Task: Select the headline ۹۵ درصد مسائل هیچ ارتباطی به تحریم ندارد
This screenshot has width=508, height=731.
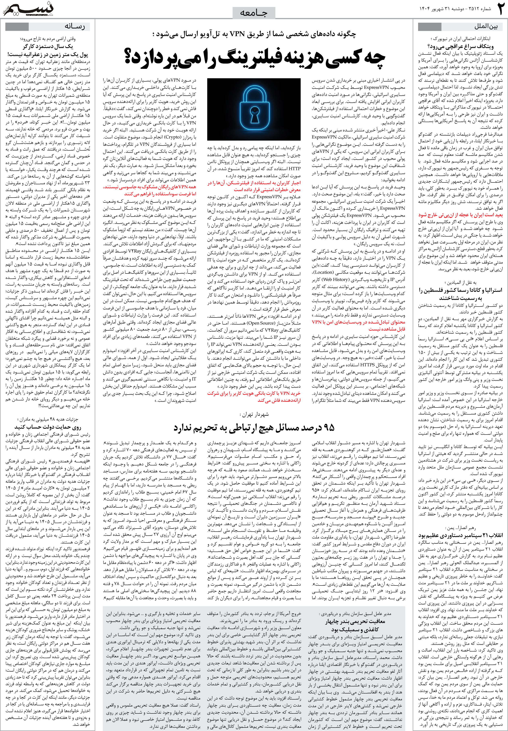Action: click(254, 428)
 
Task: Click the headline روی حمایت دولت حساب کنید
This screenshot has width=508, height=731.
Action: click(48, 427)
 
